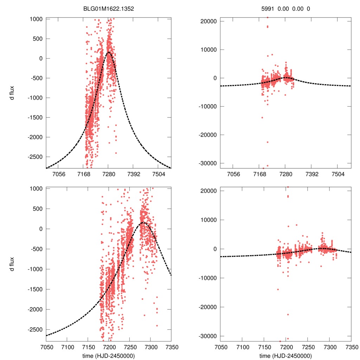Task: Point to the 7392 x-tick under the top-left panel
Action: coord(133,174)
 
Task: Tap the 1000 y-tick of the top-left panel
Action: coord(35,19)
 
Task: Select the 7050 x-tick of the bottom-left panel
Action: coord(46,347)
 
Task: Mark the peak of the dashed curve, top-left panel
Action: coord(109,52)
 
